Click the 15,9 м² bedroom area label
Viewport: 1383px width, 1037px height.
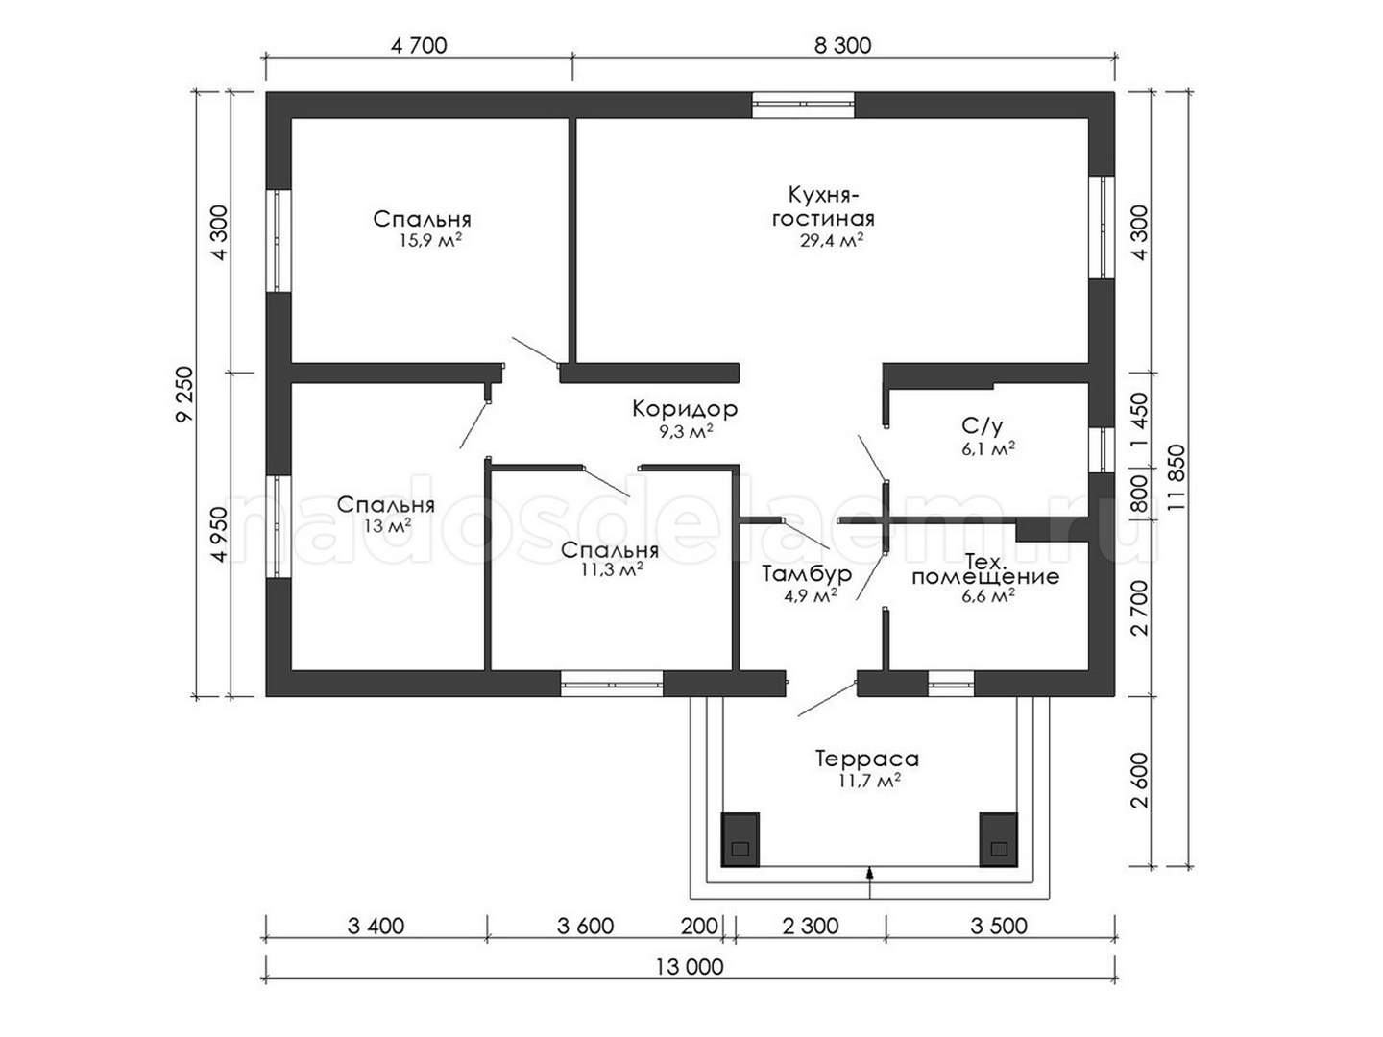[430, 240]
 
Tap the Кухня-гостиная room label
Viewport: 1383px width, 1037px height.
[823, 206]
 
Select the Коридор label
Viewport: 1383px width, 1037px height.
[685, 409]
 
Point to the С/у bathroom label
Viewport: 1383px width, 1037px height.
[982, 427]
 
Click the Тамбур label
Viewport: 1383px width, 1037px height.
[807, 573]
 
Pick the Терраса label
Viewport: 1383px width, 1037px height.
[867, 759]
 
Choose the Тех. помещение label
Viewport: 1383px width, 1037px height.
[985, 568]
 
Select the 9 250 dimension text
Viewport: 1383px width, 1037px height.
[186, 395]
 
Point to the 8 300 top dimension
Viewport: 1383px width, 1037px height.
[843, 46]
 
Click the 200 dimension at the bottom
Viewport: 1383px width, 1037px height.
[699, 926]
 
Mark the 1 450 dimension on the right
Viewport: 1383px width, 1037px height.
[1140, 420]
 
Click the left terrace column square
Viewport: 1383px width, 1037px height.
[740, 840]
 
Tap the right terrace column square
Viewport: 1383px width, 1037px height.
[999, 840]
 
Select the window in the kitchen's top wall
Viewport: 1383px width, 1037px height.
[803, 106]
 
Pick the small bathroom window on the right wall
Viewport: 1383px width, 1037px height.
[1102, 449]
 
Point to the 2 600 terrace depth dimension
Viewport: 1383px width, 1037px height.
[1140, 781]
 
